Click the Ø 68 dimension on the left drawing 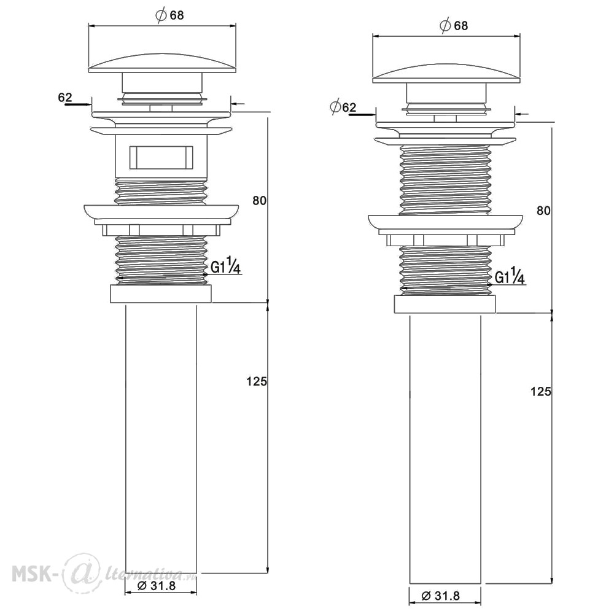[169, 16]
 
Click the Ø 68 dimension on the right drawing [454, 26]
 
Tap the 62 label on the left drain [65, 97]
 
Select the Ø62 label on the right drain [343, 107]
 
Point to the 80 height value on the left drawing [259, 201]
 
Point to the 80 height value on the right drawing [543, 211]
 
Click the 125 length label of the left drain [257, 381]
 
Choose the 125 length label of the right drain [541, 391]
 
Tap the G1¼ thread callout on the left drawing [225, 267]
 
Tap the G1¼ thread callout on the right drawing [510, 278]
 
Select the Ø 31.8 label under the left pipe [157, 586]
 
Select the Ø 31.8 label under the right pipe [441, 596]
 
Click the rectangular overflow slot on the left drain [161, 157]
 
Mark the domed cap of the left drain [163, 63]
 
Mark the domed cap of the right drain [446, 74]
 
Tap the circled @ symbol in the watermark [78, 572]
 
